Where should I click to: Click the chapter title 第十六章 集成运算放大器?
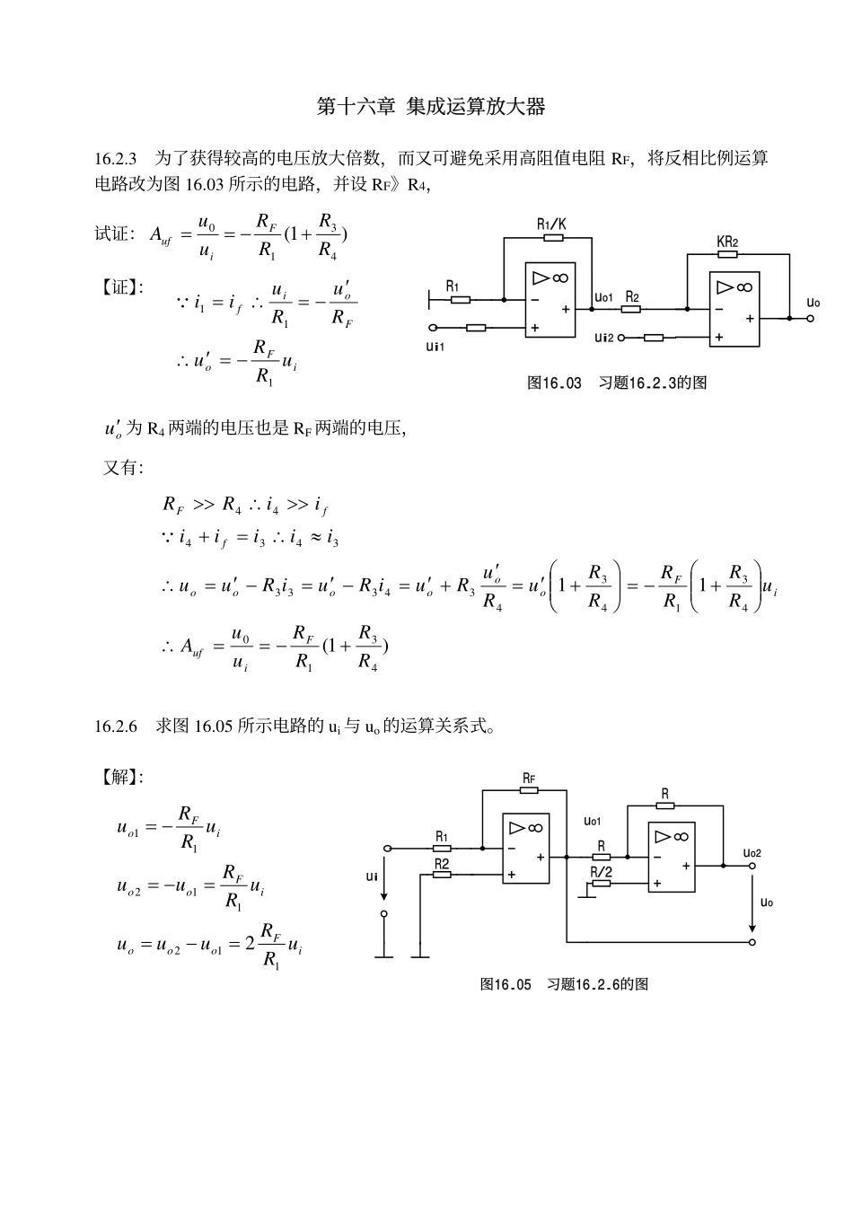[x=431, y=107]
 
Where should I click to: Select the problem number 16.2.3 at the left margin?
[x=115, y=159]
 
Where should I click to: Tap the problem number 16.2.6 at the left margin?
[x=115, y=726]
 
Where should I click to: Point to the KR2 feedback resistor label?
[x=727, y=242]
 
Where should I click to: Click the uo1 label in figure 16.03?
[x=603, y=296]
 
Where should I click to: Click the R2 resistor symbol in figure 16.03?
[x=631, y=309]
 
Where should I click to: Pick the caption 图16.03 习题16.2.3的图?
[x=616, y=383]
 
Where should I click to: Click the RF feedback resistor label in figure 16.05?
[x=529, y=778]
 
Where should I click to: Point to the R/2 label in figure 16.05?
[x=601, y=871]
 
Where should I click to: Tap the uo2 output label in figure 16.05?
[x=752, y=852]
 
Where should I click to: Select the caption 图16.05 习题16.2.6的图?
[x=564, y=984]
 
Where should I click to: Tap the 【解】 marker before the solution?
[x=119, y=777]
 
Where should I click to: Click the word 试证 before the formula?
[x=113, y=234]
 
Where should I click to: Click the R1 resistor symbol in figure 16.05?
[x=442, y=848]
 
